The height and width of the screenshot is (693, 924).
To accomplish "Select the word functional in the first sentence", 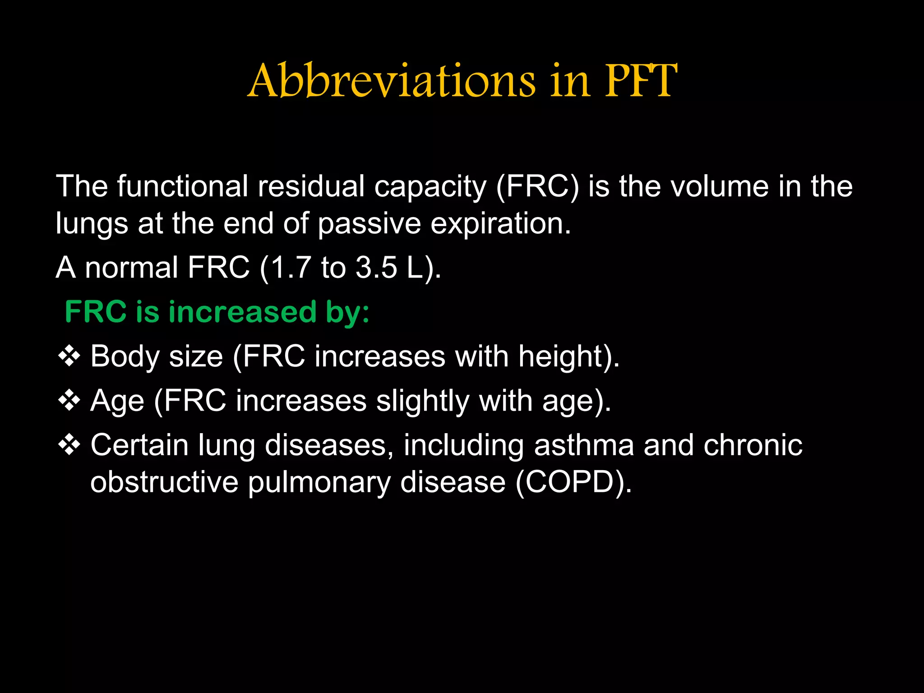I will pyautogui.click(x=183, y=186).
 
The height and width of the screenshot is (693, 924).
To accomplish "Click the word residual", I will pyautogui.click(x=311, y=186).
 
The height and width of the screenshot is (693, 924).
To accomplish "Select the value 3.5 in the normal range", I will pyautogui.click(x=376, y=268).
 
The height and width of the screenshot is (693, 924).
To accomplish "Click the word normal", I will pyautogui.click(x=131, y=268).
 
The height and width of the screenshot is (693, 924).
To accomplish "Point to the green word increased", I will pyautogui.click(x=242, y=312).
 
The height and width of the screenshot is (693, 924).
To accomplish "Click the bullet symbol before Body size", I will pyautogui.click(x=69, y=356).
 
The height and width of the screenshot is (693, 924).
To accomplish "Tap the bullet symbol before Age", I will pyautogui.click(x=69, y=401).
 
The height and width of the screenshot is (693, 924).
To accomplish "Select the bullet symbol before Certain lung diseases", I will pyautogui.click(x=69, y=445).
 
